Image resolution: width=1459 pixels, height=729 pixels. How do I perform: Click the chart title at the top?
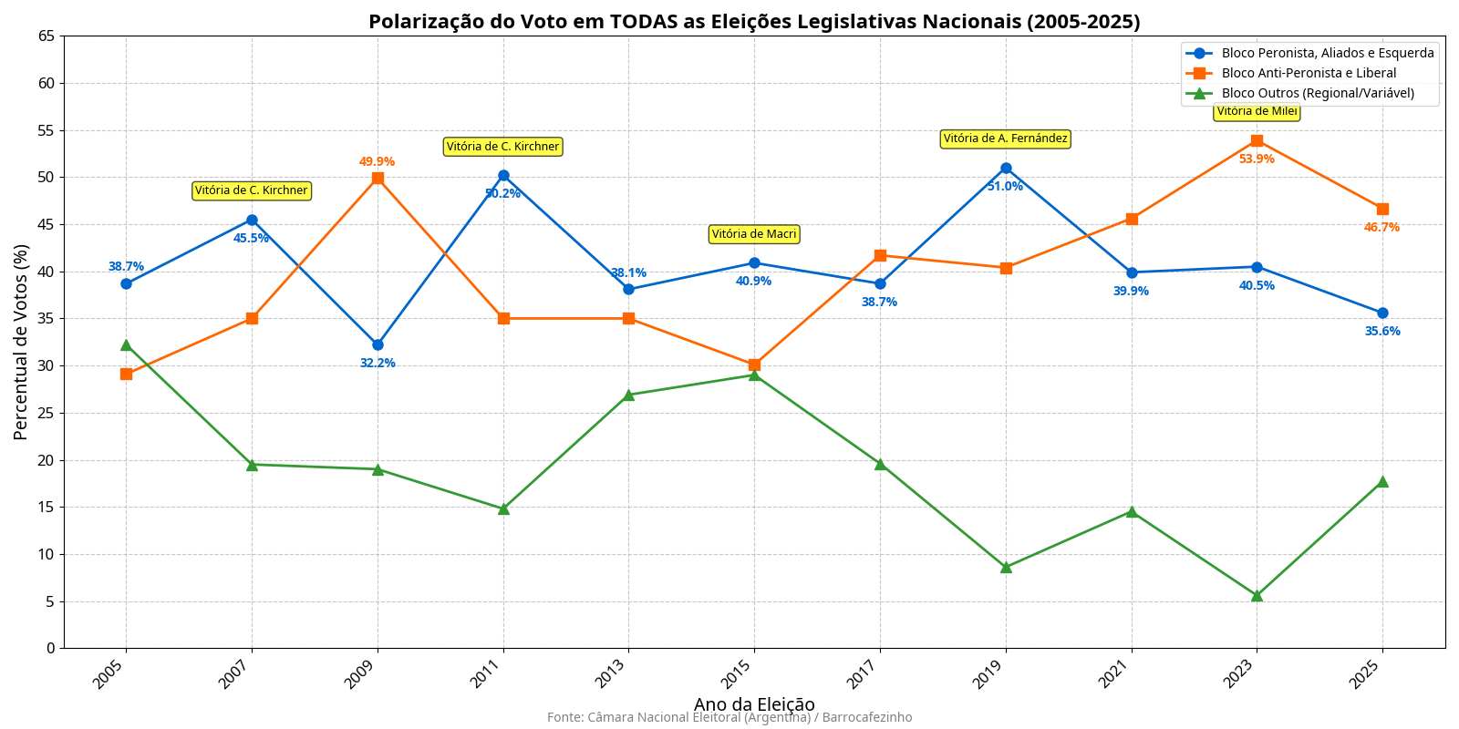coord(754,22)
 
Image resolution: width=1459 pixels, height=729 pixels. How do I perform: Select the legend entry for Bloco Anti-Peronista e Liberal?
coord(1309,73)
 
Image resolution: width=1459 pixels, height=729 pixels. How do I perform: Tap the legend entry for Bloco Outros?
coord(1318,93)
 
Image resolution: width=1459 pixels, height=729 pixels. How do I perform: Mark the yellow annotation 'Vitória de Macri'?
coord(754,234)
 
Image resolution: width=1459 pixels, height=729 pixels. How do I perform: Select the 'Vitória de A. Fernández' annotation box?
coord(1005,139)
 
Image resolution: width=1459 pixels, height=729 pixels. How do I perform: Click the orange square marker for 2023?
coord(1257,140)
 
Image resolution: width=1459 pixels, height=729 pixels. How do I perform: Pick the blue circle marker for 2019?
coord(1006,168)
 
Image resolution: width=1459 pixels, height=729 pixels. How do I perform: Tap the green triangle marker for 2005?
coord(126,345)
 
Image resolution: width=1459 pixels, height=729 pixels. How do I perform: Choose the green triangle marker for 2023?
coord(1257,595)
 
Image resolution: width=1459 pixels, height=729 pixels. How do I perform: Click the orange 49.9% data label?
coord(377,162)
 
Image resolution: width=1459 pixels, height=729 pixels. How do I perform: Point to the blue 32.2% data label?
coord(378,363)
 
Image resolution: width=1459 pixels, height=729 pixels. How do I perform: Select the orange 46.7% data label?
coord(1381,227)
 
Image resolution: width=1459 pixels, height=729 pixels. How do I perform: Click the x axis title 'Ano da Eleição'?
coord(754,704)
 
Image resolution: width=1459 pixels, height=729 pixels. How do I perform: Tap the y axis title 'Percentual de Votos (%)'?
coord(21,342)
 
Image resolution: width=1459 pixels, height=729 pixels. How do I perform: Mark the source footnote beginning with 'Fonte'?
coord(729,717)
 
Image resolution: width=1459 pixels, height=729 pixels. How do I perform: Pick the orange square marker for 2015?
coord(754,364)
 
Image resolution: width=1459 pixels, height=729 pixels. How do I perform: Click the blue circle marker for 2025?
coord(1382,313)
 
